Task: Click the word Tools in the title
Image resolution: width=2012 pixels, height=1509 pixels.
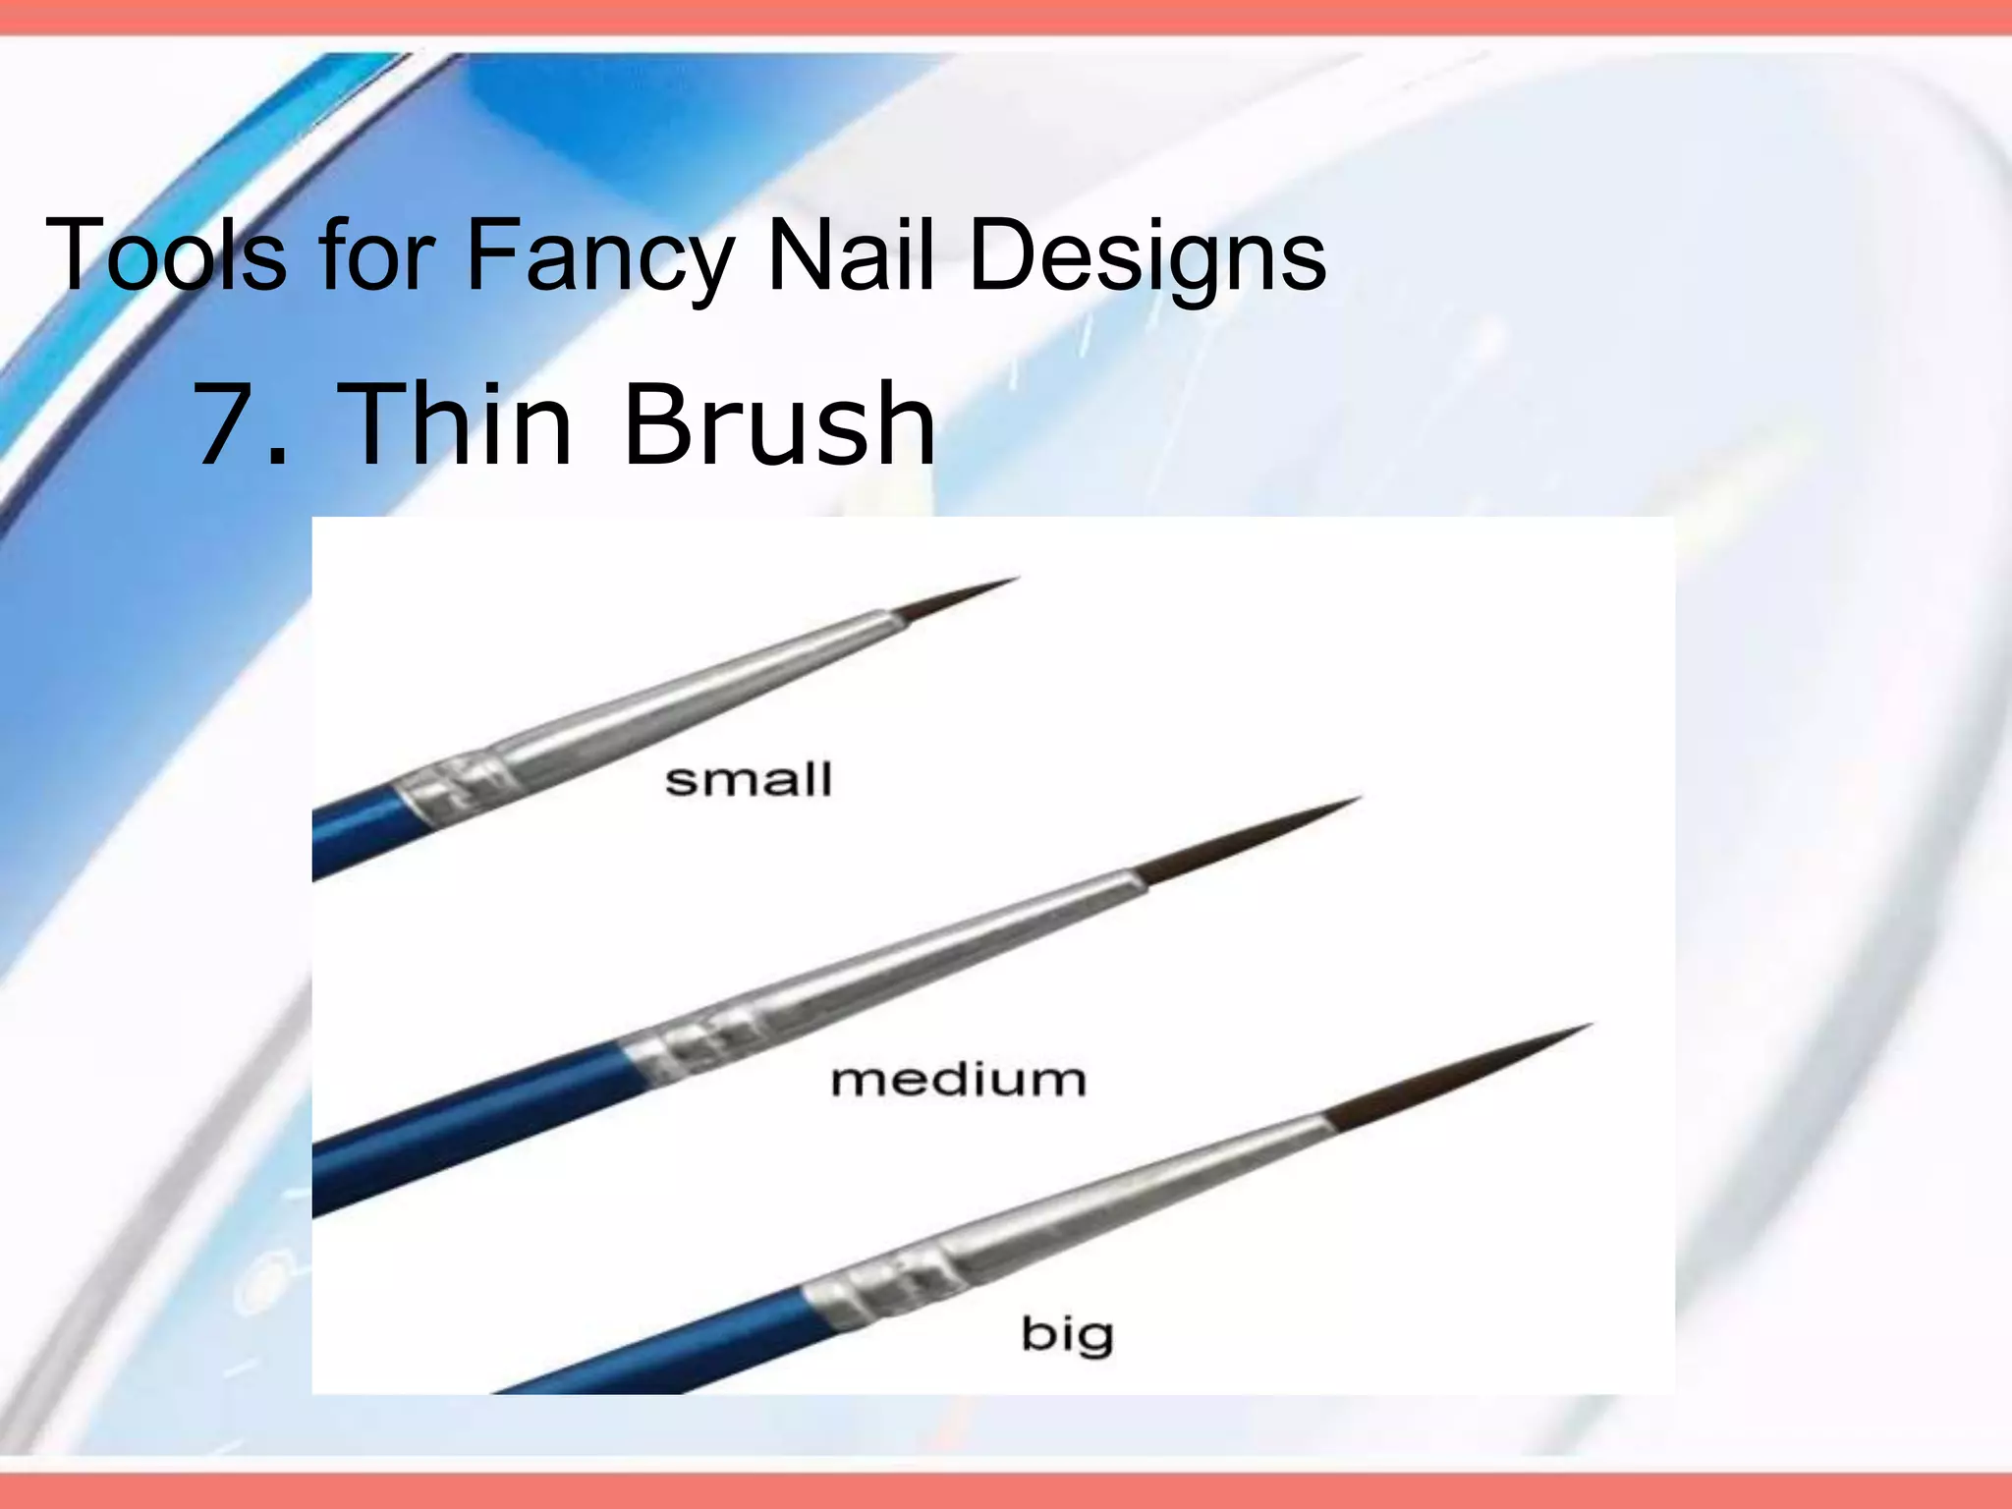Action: (x=166, y=254)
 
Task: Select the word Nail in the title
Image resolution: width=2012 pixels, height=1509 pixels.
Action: (x=850, y=254)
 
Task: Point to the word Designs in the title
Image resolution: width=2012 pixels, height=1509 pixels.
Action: (x=1147, y=256)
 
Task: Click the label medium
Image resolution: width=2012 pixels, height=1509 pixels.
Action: (x=959, y=1080)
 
